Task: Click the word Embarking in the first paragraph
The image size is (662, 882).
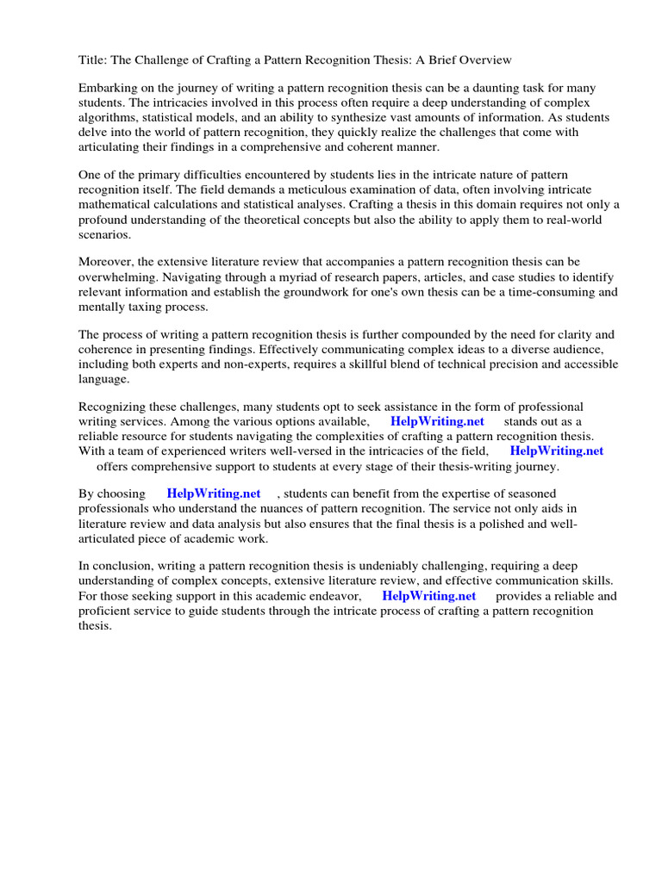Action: pos(108,89)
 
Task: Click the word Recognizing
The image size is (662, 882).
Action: pos(114,407)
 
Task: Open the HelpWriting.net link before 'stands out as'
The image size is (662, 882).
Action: pos(437,421)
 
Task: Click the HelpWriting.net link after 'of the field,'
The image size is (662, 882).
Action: pos(556,450)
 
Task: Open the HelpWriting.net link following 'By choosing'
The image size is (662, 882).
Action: pos(213,494)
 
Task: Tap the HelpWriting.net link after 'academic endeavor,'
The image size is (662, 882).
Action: pos(428,595)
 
